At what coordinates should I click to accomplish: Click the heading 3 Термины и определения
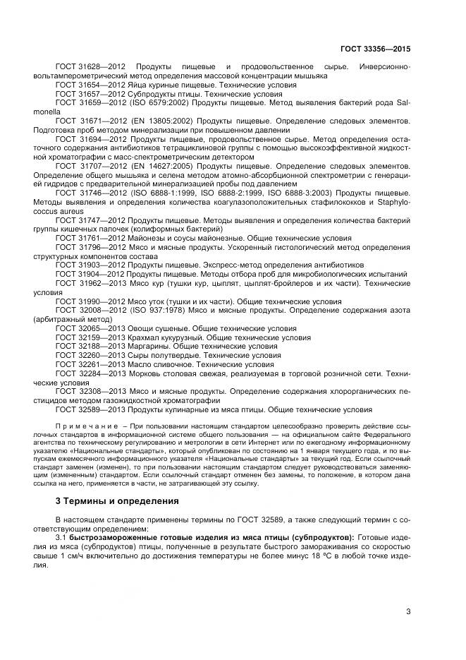pos(117,501)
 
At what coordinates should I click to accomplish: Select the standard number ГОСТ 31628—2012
pos(90,66)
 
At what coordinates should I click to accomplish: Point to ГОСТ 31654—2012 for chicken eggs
pos(90,85)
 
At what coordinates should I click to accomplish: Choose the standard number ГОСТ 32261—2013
pos(90,365)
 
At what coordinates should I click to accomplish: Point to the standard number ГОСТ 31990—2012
pos(90,301)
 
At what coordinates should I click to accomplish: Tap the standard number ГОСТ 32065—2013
pos(90,328)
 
